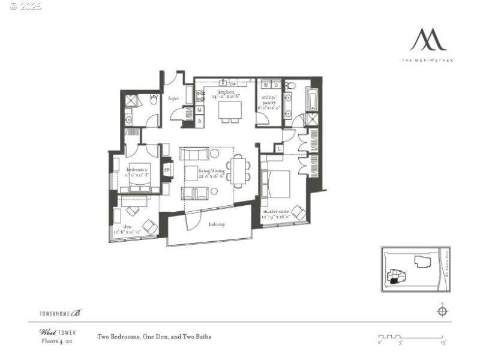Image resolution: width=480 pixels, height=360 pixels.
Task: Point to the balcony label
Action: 217,224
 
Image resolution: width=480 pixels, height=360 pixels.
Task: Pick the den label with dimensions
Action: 127,229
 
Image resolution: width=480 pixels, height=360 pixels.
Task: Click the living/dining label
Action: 212,173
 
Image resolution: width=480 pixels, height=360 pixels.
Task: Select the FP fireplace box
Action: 167,170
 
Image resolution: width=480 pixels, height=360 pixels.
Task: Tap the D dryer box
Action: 276,85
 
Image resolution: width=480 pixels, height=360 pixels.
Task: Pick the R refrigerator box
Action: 200,121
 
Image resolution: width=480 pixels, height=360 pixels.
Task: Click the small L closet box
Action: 278,148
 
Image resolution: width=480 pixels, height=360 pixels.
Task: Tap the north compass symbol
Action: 442,310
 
